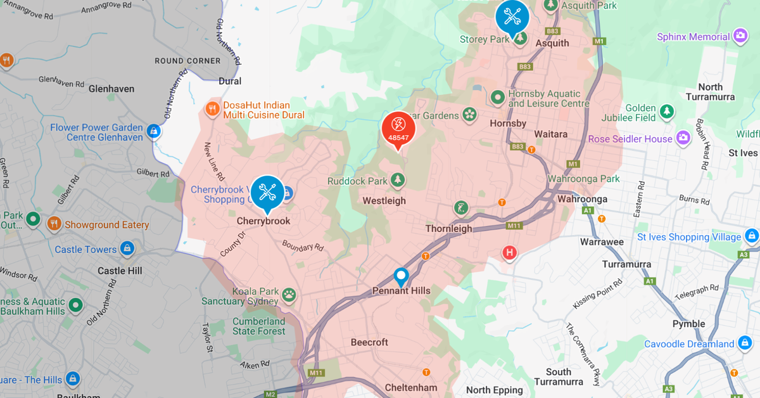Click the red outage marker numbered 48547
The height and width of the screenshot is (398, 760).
pos(398,129)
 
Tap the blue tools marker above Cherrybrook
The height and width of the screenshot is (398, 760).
pos(267,191)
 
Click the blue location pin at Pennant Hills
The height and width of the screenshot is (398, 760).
pos(400,276)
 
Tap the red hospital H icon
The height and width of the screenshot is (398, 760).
pos(509,254)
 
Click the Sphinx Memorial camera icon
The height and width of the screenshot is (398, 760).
pos(740,37)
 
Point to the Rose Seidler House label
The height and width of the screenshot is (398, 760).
pos(630,139)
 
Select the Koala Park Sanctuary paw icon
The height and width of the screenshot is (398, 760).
pos(289,293)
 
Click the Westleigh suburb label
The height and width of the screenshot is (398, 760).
pos(384,201)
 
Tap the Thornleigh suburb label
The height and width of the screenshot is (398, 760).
pos(448,228)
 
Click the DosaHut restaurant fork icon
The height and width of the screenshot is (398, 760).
pos(212,109)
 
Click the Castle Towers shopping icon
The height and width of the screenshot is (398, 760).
pos(127,248)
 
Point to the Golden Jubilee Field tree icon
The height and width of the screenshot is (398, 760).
pos(666,112)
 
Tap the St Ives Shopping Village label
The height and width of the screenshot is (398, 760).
pos(689,237)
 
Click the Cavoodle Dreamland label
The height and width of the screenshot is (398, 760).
pos(689,344)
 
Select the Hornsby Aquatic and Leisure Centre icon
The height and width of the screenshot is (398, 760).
pos(498,98)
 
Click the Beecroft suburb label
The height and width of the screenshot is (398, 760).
pos(369,342)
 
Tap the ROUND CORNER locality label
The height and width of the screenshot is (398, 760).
pos(187,61)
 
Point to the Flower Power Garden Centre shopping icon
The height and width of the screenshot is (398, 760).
pos(153,131)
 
